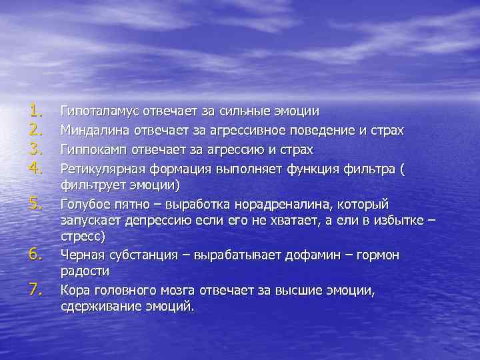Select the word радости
coord(85,271)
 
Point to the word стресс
coord(83,236)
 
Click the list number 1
coord(35,110)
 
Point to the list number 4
coord(35,165)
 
